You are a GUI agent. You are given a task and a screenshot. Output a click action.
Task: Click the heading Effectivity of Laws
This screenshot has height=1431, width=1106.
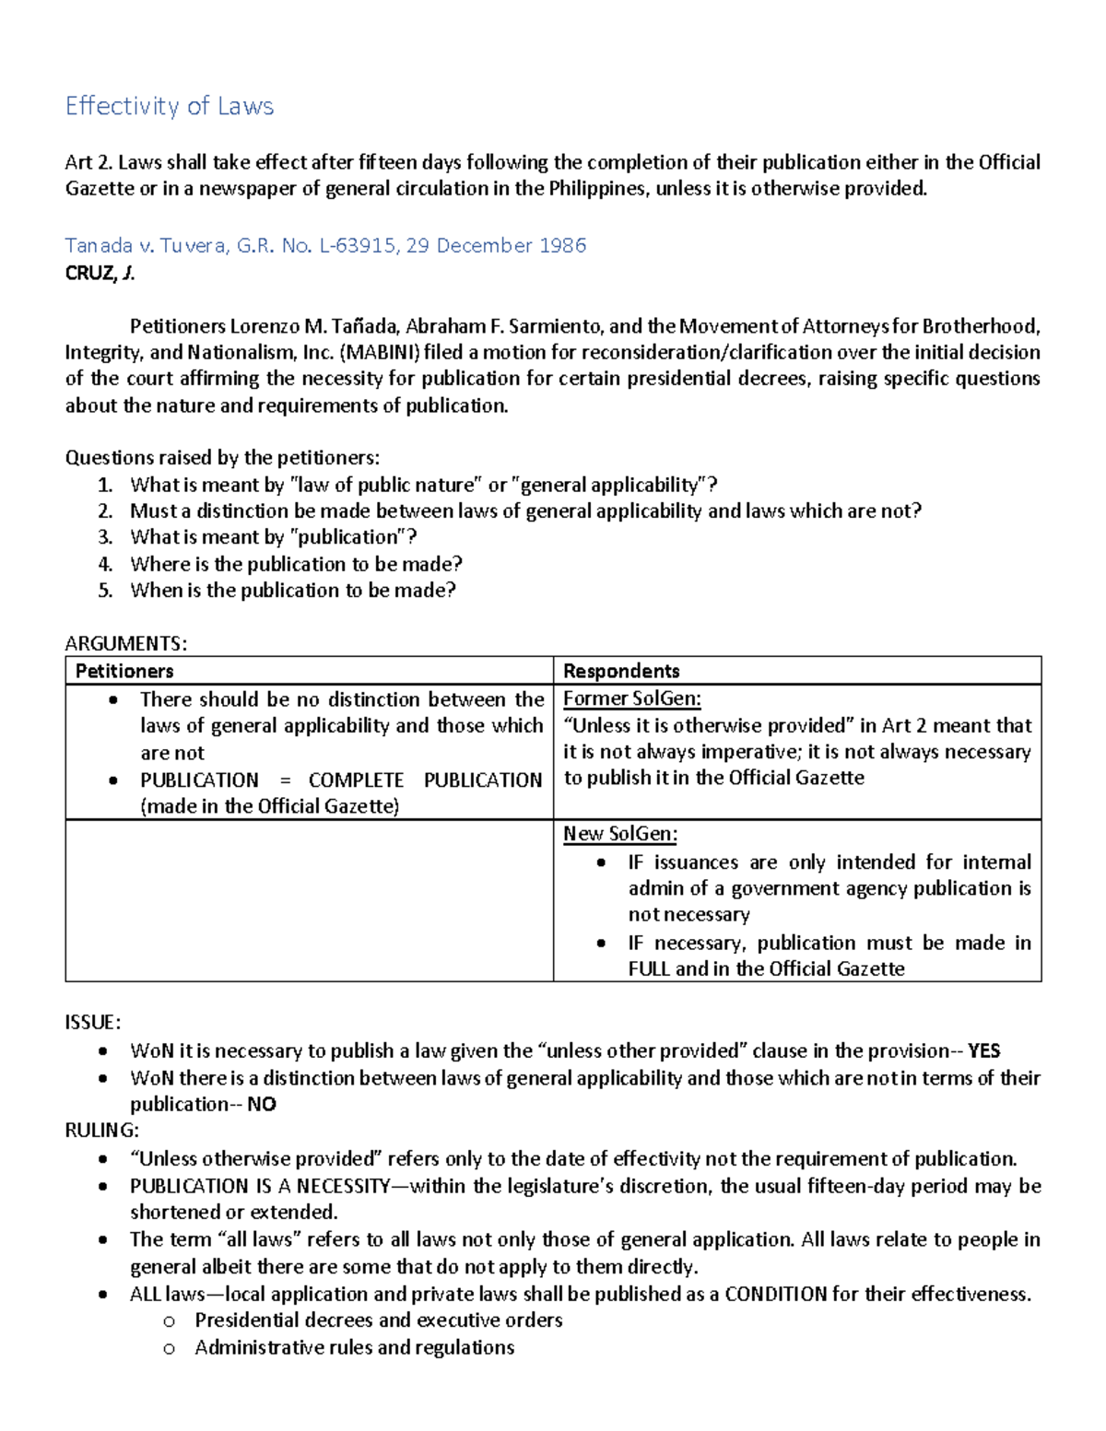pos(170,106)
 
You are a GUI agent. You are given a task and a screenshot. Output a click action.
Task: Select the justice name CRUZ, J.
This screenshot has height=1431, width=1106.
pos(100,273)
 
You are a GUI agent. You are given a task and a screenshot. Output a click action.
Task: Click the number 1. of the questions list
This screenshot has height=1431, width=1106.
pos(105,485)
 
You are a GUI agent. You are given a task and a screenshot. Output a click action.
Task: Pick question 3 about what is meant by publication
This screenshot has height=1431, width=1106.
pos(273,537)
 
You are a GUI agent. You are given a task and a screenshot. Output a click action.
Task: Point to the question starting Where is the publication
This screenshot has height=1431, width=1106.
pos(296,564)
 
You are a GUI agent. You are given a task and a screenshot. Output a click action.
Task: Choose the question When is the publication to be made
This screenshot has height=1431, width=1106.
pos(293,591)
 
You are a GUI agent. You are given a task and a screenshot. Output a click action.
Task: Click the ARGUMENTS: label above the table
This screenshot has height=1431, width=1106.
pos(125,643)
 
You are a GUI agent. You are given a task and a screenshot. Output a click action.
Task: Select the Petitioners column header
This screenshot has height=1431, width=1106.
pos(124,671)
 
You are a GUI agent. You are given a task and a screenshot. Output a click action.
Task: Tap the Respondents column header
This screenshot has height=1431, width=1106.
pos(621,671)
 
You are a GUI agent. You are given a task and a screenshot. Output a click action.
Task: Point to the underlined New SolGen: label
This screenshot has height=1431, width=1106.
pos(620,834)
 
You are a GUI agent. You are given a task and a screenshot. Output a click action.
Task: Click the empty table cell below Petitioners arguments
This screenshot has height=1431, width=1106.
pos(309,900)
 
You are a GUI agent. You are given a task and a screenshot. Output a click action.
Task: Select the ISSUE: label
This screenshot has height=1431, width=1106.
pos(92,1023)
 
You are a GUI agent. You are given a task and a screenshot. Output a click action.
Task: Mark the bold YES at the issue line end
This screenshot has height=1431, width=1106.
pos(983,1051)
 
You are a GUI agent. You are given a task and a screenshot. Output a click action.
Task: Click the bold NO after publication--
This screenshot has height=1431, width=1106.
pos(262,1105)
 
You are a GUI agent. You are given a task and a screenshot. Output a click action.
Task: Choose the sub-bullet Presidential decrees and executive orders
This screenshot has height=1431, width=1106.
pos(378,1320)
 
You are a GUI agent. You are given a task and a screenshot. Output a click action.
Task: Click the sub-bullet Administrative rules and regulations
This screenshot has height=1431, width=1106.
pos(354,1348)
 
